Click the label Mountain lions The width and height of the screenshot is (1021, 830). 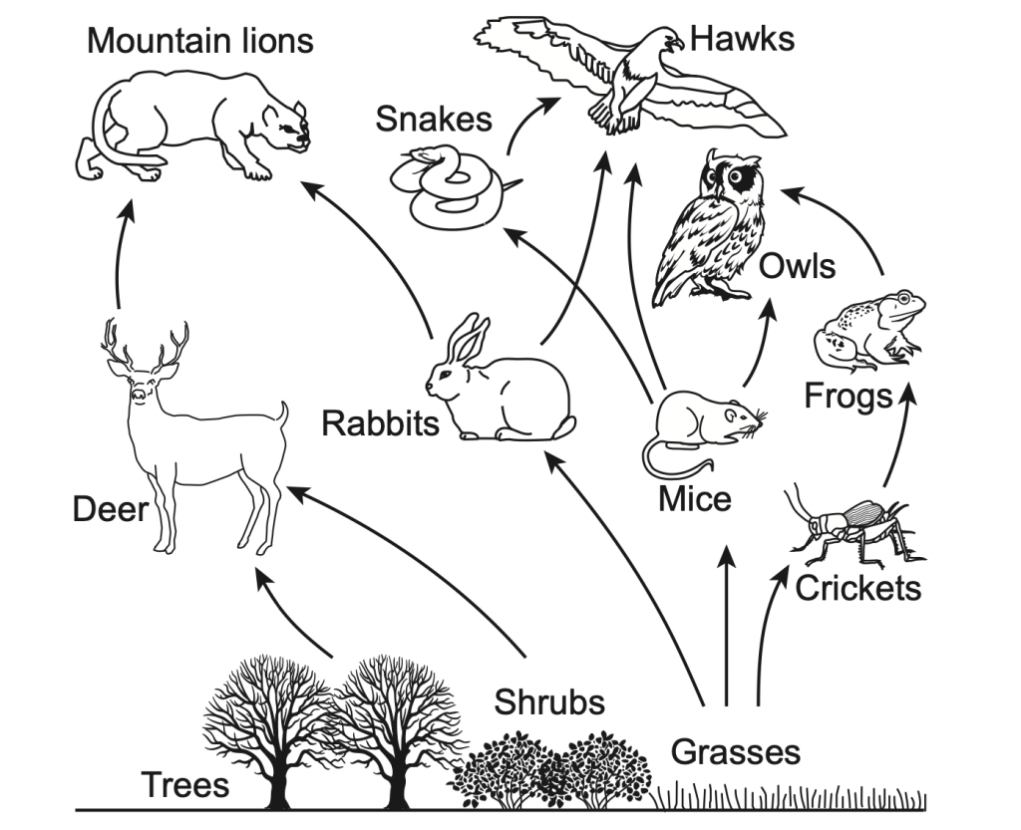coord(199,41)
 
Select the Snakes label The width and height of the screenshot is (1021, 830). coord(434,119)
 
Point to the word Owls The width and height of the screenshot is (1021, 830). coord(797,266)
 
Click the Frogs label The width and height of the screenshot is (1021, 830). coord(848,396)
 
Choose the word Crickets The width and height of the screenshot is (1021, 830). coord(857,588)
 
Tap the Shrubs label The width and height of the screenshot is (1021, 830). coord(549,702)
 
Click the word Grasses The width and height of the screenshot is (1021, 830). coord(735,750)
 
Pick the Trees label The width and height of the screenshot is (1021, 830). coord(184,784)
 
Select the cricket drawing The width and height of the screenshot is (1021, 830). coord(848,528)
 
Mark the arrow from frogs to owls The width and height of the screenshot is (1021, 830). coord(848,219)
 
